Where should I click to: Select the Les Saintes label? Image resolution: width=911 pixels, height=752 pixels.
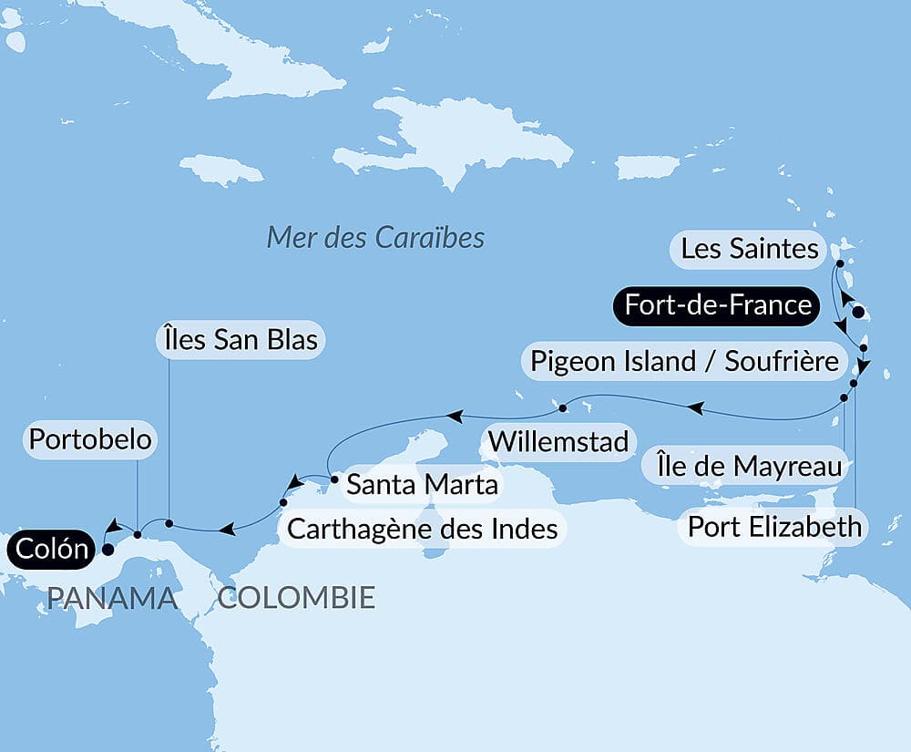pos(750,249)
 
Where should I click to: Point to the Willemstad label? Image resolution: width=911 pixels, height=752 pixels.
pos(558,441)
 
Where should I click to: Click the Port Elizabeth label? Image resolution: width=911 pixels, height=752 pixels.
pos(774,526)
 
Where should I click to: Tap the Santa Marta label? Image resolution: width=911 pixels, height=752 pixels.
pos(423,484)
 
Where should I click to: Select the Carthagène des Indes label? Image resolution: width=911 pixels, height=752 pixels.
pos(422,528)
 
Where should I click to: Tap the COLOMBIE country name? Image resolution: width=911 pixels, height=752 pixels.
pos(296,598)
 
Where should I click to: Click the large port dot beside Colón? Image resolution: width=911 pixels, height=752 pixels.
pos(107,550)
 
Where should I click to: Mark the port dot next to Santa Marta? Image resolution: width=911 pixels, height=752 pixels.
pos(334,477)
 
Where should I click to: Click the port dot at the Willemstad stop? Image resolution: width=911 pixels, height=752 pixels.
pos(563,407)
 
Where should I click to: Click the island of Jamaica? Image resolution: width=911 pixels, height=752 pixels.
pos(221,170)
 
